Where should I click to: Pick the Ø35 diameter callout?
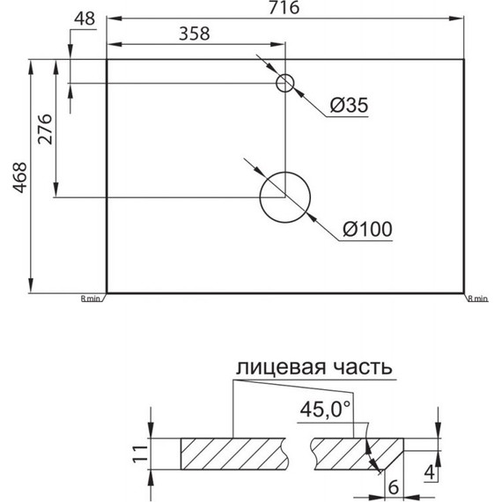[348, 107]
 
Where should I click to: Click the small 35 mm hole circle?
[285, 84]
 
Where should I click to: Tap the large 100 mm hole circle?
[286, 196]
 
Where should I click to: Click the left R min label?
[92, 299]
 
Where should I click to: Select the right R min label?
[477, 299]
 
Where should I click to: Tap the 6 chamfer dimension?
[394, 485]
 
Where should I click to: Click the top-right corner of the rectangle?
[465, 60]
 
